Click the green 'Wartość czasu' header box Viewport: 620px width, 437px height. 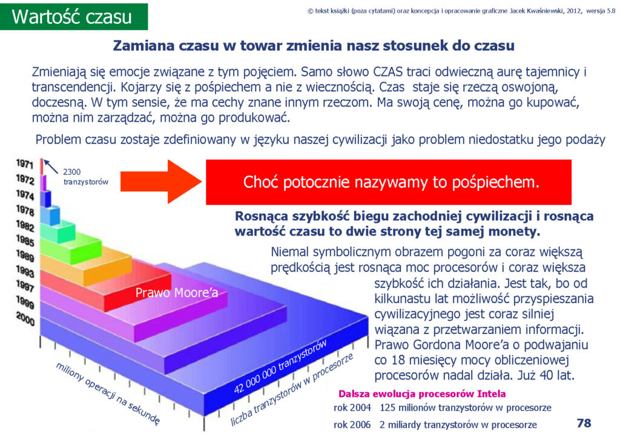coord(74,16)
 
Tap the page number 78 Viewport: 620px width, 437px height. coord(584,423)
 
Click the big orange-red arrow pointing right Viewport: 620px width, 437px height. coord(161,182)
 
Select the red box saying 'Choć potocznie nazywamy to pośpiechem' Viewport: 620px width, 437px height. coord(389,182)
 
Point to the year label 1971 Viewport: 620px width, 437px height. coord(24,163)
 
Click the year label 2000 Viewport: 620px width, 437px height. coord(25,318)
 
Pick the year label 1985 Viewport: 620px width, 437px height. coord(25,240)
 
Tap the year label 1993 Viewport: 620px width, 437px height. coord(25,271)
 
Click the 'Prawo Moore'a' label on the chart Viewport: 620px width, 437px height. coord(177,293)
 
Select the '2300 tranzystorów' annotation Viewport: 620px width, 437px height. coord(86,177)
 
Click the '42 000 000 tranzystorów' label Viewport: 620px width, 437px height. coord(280,366)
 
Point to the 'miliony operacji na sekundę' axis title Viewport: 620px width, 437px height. coord(108,393)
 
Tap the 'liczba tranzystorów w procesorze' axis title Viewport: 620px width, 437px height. coord(292,389)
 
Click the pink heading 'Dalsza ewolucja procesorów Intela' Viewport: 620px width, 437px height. coord(422,394)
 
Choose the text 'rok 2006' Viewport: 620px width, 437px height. coord(352,425)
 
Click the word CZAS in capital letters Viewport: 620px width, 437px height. coord(388,72)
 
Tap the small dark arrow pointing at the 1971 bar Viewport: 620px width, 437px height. coord(51,166)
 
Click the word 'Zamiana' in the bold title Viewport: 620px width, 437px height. coord(143,45)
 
